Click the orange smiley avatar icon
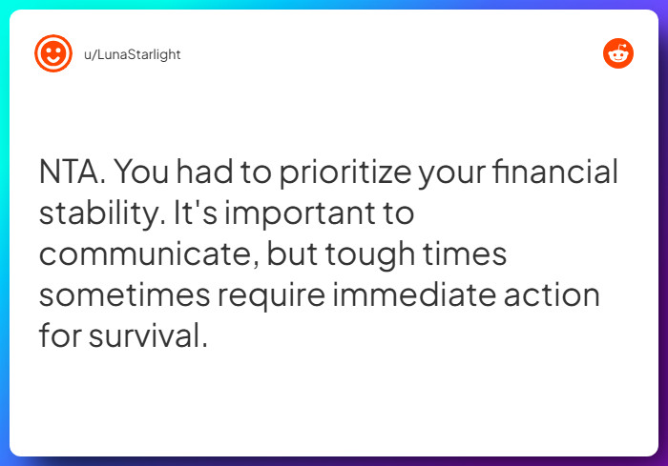pos(53,54)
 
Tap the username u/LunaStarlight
pos(133,54)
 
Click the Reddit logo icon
pos(618,54)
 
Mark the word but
pos(292,254)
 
